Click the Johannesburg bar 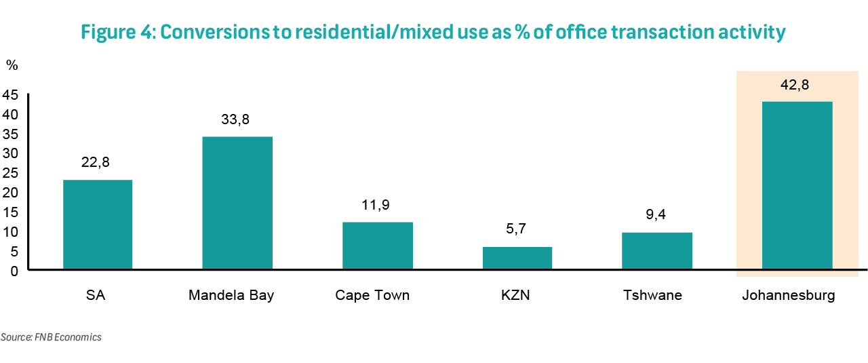(x=797, y=185)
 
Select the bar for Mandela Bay (x=237, y=203)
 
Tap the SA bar (x=98, y=225)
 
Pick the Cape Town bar (x=378, y=246)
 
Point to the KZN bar (x=517, y=258)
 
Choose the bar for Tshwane (x=657, y=251)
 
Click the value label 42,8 (x=795, y=85)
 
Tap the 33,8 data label (x=235, y=119)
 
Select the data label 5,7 (x=516, y=229)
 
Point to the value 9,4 (x=656, y=214)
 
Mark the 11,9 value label (x=376, y=205)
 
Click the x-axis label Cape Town (x=372, y=295)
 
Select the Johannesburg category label (x=789, y=296)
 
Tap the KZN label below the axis (x=515, y=295)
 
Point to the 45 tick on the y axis (x=10, y=94)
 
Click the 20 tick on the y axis (x=10, y=193)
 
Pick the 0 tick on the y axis (x=14, y=271)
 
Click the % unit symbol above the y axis (x=12, y=65)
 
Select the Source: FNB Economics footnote (x=51, y=337)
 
